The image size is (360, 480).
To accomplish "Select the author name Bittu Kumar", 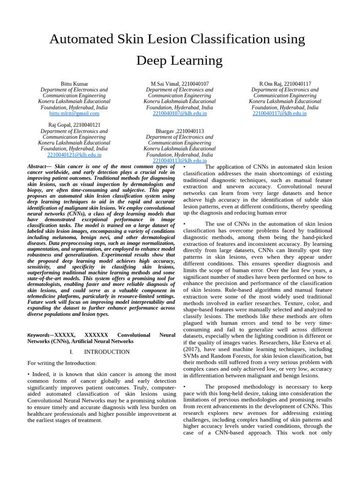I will (x=74, y=84).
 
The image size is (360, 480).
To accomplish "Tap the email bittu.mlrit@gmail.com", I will (x=74, y=113).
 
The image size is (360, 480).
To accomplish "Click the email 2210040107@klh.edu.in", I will (x=180, y=113).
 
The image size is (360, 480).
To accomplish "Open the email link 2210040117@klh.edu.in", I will (x=279, y=113).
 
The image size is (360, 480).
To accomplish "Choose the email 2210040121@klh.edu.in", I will (x=74, y=155).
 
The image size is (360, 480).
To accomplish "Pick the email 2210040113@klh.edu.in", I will (x=180, y=161).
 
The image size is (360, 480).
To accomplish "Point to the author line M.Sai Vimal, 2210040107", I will (x=180, y=84).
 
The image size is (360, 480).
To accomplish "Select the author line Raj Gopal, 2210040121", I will (x=74, y=125).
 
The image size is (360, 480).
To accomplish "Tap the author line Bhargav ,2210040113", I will (x=180, y=131).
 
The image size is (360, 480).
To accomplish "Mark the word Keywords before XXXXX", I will (x=38, y=336).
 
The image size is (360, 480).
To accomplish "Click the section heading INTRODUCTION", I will (x=107, y=352).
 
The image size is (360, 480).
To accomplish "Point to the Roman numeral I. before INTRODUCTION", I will (x=71, y=352).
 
